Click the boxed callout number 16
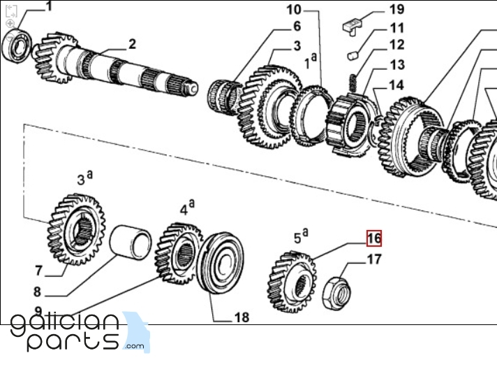pyautogui.click(x=374, y=238)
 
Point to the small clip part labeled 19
pyautogui.click(x=353, y=24)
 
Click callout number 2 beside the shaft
pyautogui.click(x=131, y=45)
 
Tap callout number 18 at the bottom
pyautogui.click(x=242, y=317)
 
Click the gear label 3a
pyautogui.click(x=83, y=179)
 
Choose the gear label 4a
pyautogui.click(x=186, y=208)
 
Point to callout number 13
pyautogui.click(x=396, y=64)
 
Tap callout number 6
pyautogui.click(x=296, y=27)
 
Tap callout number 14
pyautogui.click(x=396, y=85)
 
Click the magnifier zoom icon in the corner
pyautogui.click(x=10, y=23)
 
